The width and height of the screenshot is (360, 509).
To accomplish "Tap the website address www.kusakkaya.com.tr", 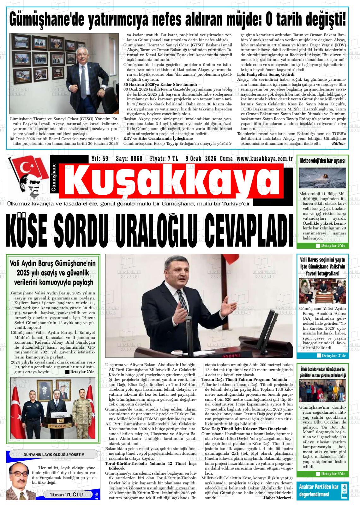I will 265,158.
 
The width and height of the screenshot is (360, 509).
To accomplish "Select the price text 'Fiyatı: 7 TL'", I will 164,158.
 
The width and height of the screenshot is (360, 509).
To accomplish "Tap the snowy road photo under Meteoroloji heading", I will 322,178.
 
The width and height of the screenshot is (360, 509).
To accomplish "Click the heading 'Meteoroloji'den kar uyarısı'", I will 322,161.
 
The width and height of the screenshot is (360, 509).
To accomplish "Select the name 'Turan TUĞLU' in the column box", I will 67,494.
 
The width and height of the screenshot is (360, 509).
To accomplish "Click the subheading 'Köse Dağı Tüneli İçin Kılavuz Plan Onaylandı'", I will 244,429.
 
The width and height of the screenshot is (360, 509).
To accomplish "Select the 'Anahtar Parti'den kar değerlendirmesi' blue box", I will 322,491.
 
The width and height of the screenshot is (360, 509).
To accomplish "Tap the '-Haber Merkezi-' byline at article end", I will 278,498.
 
